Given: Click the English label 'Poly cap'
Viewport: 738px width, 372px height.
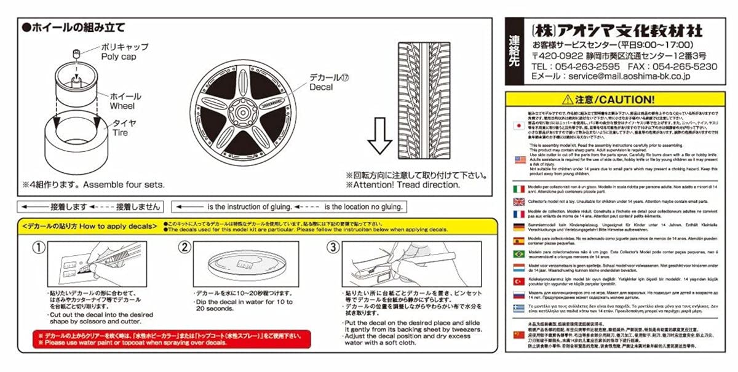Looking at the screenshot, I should pos(119,57).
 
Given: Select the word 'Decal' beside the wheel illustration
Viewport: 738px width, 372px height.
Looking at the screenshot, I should pos(322,87).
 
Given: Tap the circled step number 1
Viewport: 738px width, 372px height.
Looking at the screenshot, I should pos(39,248).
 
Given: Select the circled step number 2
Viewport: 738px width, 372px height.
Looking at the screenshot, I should pos(184,248).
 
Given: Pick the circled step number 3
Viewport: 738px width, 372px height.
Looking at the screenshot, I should pos(333,248).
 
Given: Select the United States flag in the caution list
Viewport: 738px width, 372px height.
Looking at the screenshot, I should pos(520,160).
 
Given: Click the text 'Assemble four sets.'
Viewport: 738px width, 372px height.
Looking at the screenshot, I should pos(125,183).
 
